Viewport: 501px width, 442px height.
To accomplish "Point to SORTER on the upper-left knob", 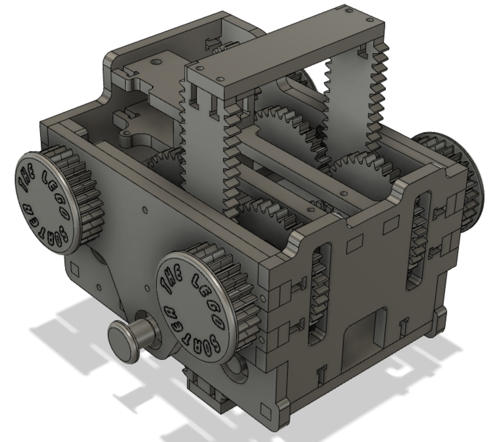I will tap(46, 228).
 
